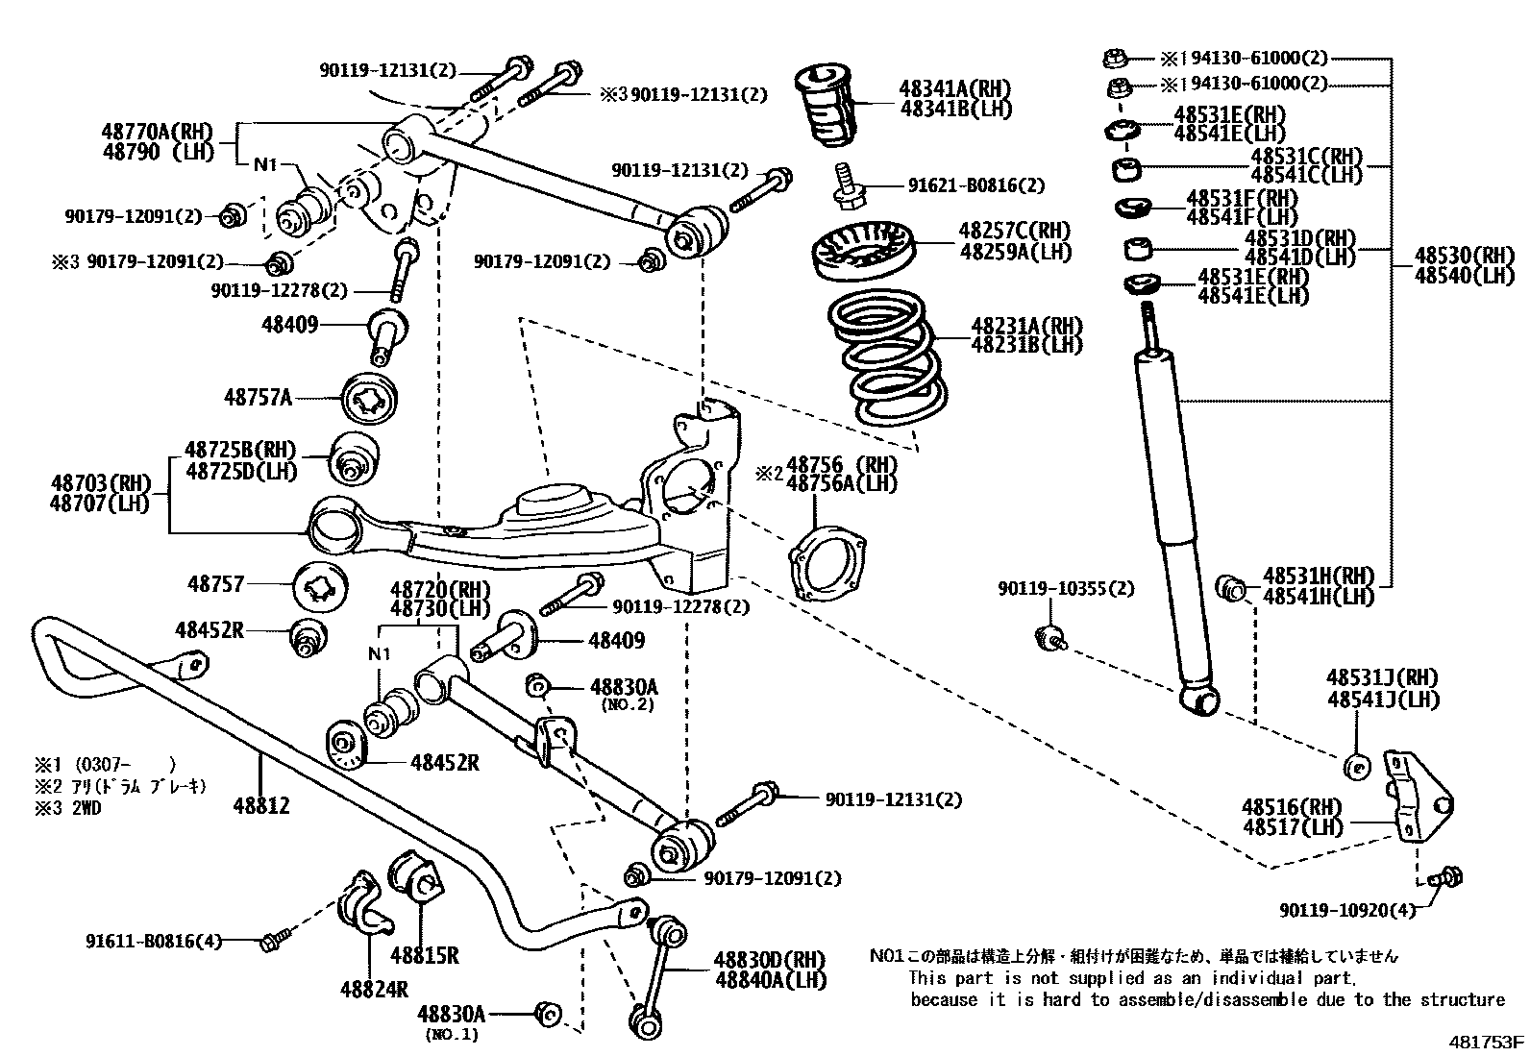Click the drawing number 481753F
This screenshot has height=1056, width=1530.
[x=1487, y=1041]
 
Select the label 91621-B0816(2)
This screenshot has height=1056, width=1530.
[x=976, y=184]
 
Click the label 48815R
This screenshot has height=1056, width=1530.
[x=424, y=955]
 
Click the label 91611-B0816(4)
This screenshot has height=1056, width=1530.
[x=153, y=942]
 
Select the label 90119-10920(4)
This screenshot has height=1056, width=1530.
[x=1346, y=910]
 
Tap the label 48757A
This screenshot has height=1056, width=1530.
[x=258, y=396]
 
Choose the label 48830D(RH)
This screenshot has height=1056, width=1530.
[x=769, y=959]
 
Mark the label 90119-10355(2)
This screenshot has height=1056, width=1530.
[x=1065, y=588]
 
